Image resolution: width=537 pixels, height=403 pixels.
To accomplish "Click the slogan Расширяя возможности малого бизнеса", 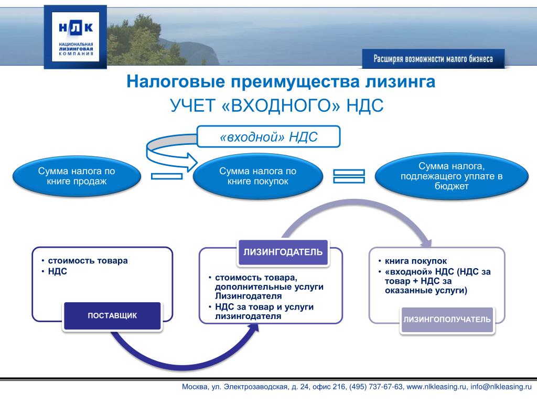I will click(x=433, y=59).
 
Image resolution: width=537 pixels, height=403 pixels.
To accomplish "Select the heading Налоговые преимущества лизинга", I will click(x=281, y=82).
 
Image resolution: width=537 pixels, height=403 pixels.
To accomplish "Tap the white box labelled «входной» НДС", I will click(x=268, y=137).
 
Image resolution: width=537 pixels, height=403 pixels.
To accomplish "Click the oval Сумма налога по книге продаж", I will click(x=76, y=176).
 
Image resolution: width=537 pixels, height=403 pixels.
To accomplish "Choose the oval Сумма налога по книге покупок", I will click(x=257, y=176).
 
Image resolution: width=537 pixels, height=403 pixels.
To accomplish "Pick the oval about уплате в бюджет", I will click(x=452, y=176).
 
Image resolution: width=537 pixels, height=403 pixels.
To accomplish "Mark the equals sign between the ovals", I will click(x=349, y=176).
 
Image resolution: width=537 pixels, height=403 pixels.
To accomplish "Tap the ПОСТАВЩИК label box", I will click(x=112, y=315).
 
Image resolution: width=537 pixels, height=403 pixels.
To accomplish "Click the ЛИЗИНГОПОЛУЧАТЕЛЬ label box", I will click(x=447, y=320).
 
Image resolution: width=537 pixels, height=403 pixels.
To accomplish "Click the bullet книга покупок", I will click(x=415, y=261).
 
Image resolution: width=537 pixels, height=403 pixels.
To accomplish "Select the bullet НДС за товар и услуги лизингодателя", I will click(x=264, y=312).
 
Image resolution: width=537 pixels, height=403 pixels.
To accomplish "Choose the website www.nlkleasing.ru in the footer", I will click(x=436, y=387).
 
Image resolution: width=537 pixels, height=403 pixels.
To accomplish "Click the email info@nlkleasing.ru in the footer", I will click(x=501, y=387).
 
